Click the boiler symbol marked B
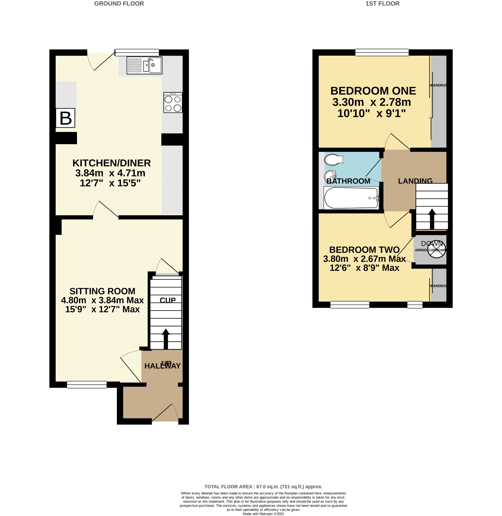(65, 118)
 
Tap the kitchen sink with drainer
(144, 65)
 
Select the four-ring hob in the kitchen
(173, 103)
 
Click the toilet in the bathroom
(334, 160)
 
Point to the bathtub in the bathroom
(351, 198)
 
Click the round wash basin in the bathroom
(330, 175)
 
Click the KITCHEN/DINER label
(111, 163)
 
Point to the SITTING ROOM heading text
(102, 291)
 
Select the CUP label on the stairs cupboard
(167, 300)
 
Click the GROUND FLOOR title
(119, 4)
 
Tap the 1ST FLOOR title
(382, 4)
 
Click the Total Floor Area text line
(263, 487)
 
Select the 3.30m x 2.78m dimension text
(371, 102)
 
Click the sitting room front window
(87, 385)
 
